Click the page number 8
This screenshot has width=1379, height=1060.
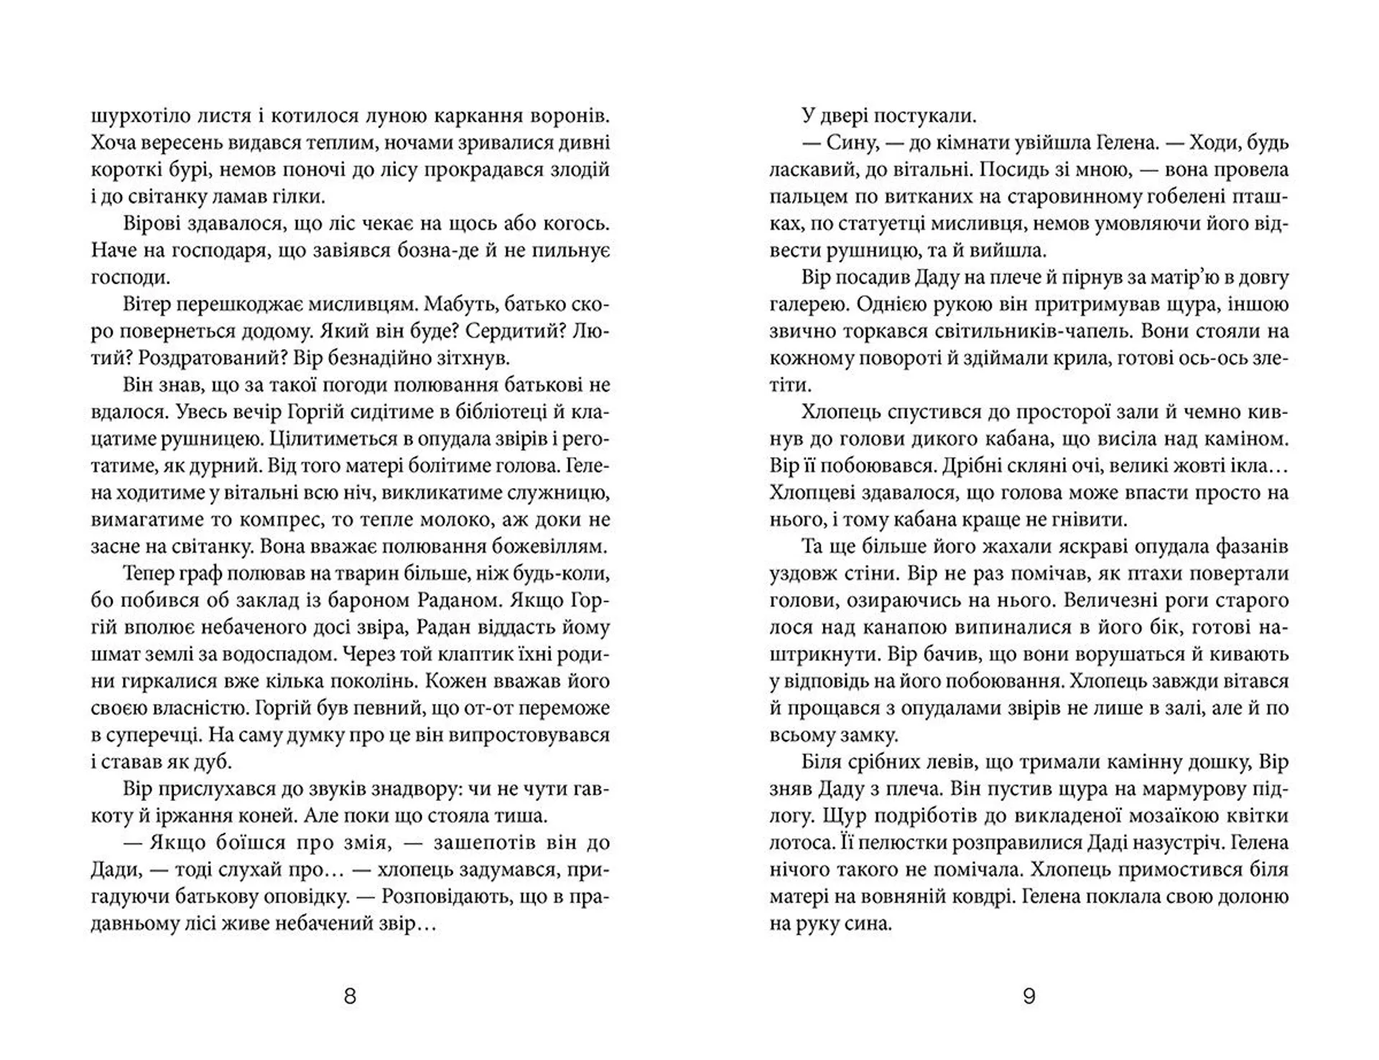350,996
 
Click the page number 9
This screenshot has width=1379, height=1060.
1029,996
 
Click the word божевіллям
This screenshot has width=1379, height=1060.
549,547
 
